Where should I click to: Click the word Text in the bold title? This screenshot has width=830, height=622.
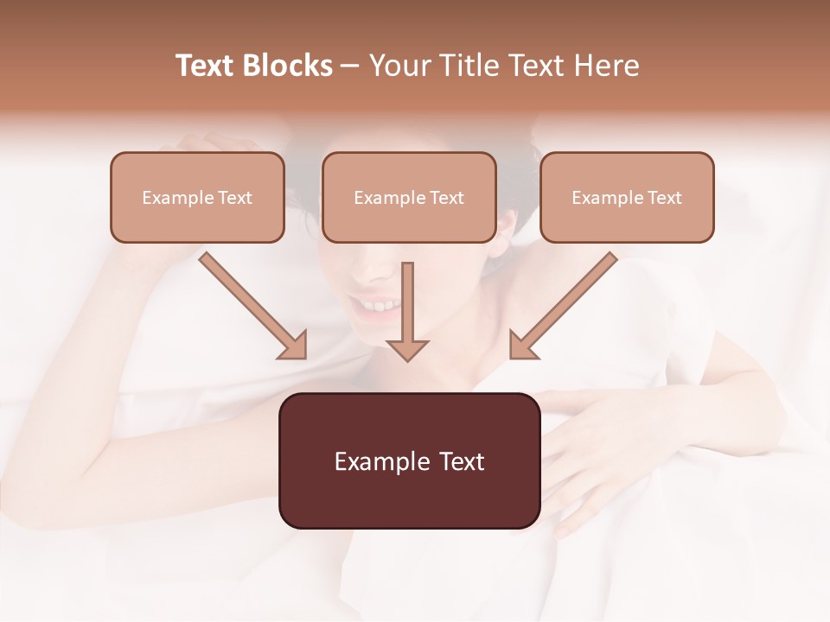pos(205,66)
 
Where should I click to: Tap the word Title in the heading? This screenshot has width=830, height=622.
pos(472,66)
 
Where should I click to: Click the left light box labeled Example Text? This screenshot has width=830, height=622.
pos(197,197)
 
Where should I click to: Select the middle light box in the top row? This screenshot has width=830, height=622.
pos(409,197)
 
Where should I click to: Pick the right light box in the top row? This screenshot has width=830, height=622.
pos(627,197)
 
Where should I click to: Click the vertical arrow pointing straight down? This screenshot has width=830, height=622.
pos(407,311)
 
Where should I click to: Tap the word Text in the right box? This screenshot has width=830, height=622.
pos(664,198)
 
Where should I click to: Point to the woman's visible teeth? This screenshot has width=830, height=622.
pos(377,305)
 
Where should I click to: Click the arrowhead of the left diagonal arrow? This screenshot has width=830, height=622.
pos(294,345)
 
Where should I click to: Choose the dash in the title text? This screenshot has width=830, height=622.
pos(350,67)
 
